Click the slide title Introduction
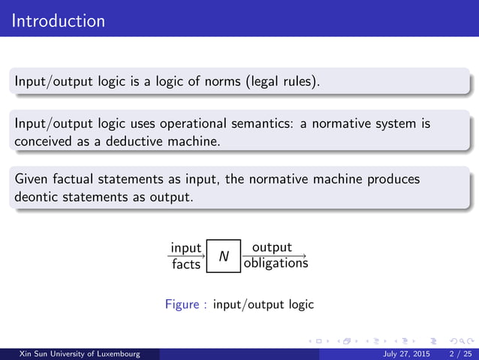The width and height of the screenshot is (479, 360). [59, 20]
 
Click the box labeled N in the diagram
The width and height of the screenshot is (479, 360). [224, 256]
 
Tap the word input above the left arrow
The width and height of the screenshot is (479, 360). [185, 248]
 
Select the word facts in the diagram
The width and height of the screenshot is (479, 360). [185, 264]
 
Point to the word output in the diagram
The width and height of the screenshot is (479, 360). [272, 247]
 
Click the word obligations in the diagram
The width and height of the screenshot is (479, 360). [275, 264]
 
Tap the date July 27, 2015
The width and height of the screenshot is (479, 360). [406, 353]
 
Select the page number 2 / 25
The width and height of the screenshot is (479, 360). [457, 353]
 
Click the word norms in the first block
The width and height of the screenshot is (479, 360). [223, 80]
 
